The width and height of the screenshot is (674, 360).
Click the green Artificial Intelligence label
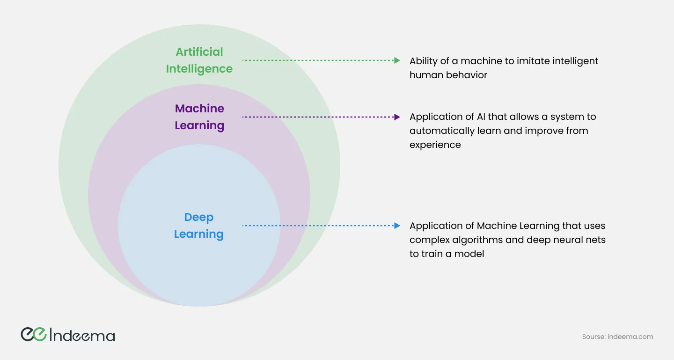click(199, 60)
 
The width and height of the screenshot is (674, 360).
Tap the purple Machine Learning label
click(199, 117)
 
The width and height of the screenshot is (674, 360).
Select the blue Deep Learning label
click(199, 226)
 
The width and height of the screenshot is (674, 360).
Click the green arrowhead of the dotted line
click(397, 60)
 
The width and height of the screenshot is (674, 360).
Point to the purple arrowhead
click(397, 117)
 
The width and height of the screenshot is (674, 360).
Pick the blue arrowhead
click(397, 226)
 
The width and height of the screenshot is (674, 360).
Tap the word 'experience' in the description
click(435, 145)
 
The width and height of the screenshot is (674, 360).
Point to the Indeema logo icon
click(33, 334)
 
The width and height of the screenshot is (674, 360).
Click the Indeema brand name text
click(82, 335)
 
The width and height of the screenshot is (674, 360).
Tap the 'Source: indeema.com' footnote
click(617, 337)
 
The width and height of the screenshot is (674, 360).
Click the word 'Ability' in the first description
click(424, 61)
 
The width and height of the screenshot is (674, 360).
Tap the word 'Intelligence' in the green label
click(199, 69)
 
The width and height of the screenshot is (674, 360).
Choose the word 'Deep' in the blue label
click(199, 217)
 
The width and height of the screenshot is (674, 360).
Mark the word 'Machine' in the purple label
click(199, 109)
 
